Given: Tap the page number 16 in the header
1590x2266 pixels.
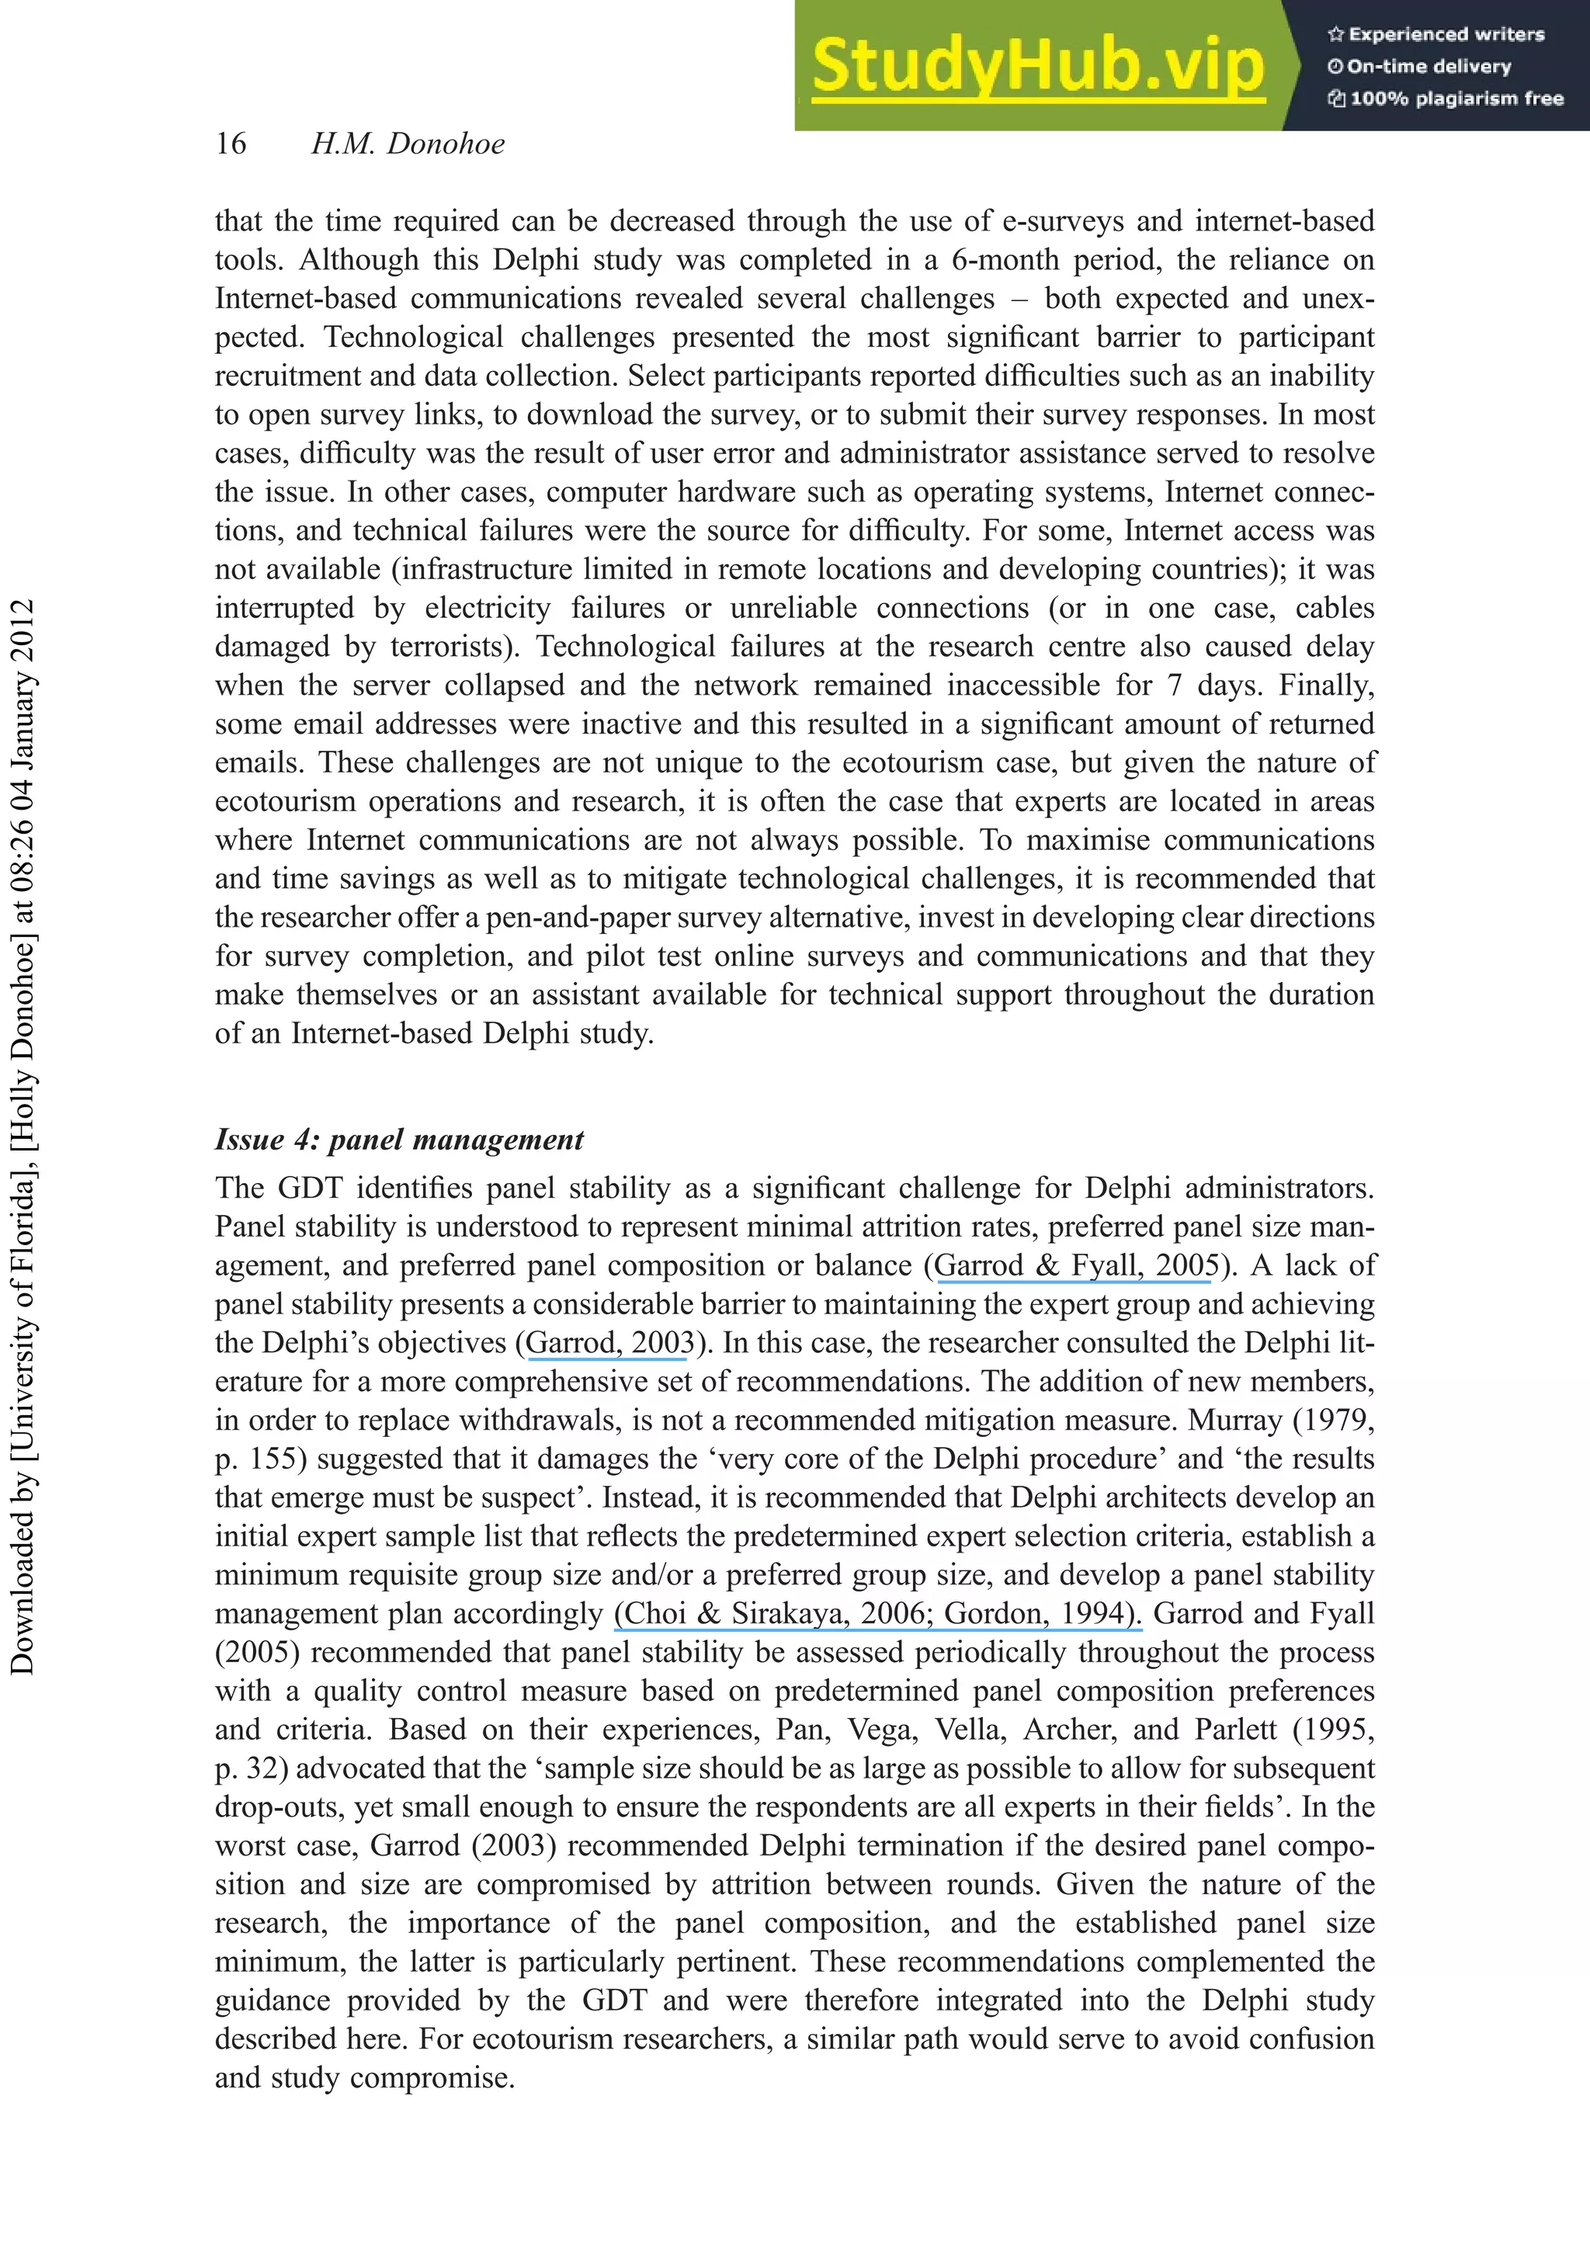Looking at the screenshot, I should pos(231,144).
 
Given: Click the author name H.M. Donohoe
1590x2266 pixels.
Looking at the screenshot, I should pos(408,144).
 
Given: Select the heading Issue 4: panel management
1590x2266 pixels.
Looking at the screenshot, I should pos(399,1140).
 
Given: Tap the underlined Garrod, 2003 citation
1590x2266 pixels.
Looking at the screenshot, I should pos(609,1343).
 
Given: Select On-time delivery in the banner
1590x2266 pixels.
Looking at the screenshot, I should pos(1429,67).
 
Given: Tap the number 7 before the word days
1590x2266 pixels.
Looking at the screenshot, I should pos(1174,685).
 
